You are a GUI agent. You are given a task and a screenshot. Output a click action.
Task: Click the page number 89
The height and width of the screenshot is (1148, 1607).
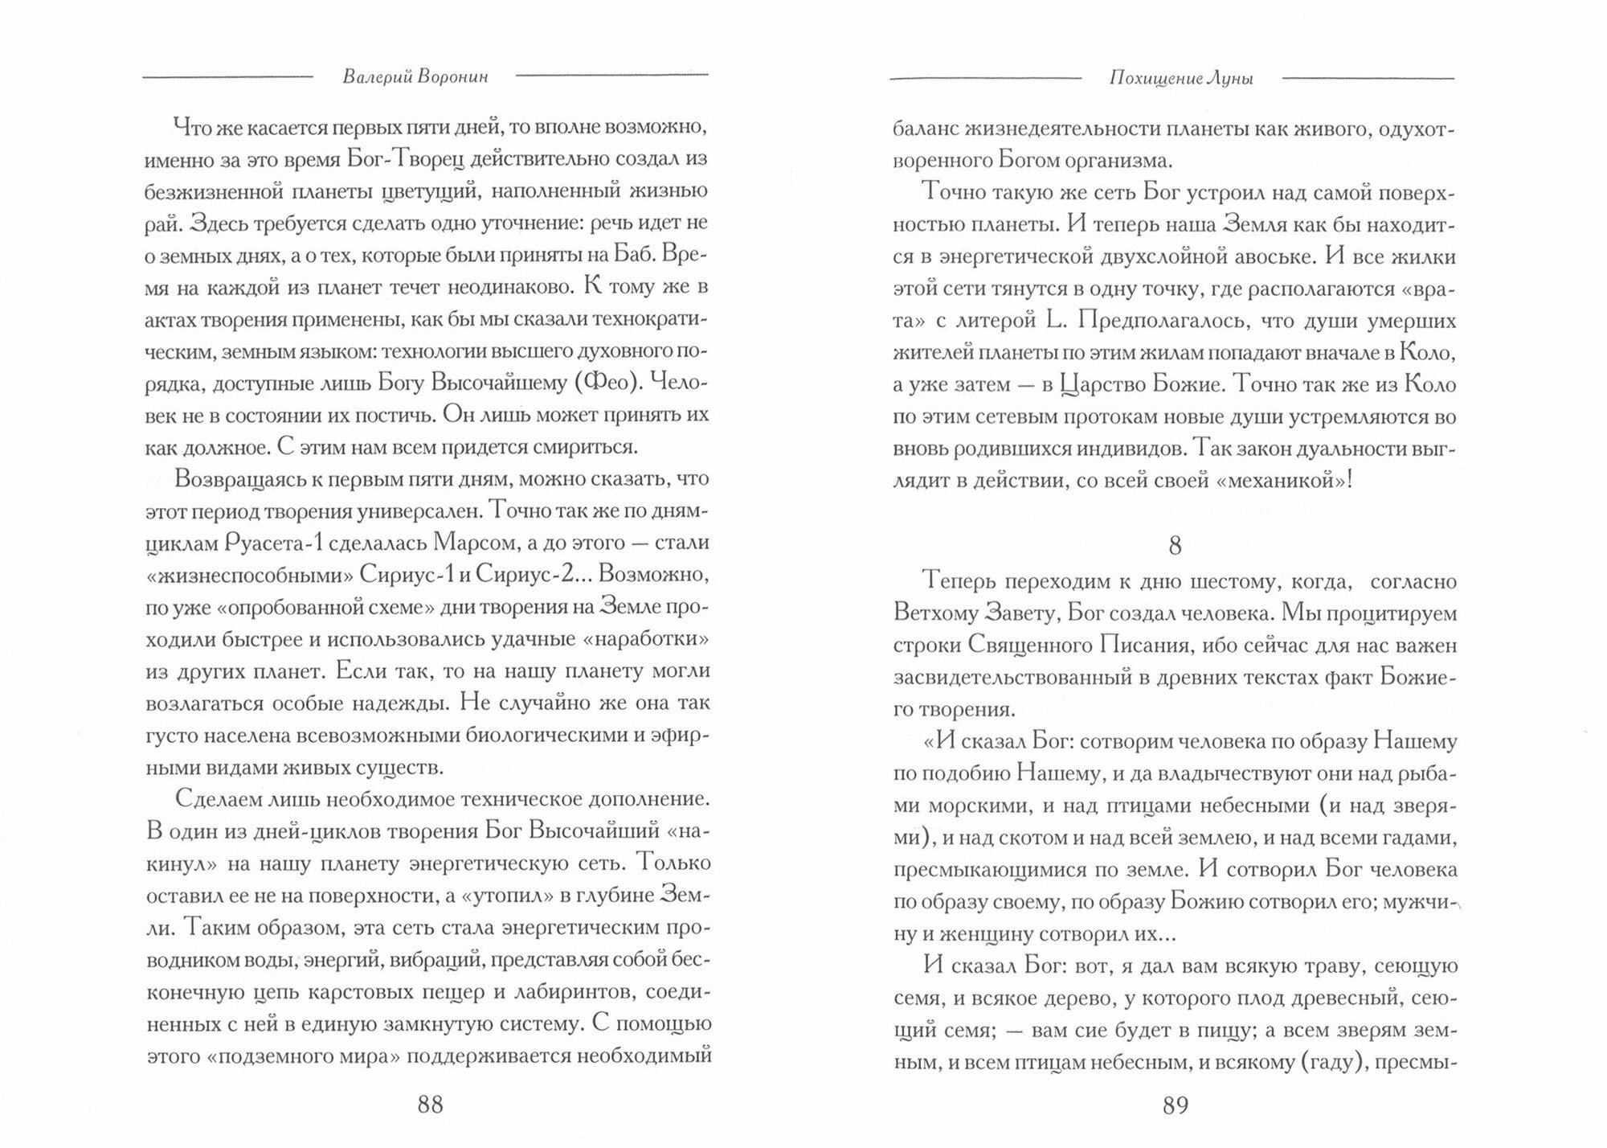tap(1175, 1105)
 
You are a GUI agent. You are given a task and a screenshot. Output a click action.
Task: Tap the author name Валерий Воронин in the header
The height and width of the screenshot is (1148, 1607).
tap(415, 77)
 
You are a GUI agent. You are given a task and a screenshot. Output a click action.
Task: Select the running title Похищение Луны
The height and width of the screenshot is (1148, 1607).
tap(1181, 78)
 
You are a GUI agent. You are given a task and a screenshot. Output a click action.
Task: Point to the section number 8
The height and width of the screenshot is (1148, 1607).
tap(1175, 546)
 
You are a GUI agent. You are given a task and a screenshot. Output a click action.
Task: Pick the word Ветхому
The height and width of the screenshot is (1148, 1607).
tap(938, 613)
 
